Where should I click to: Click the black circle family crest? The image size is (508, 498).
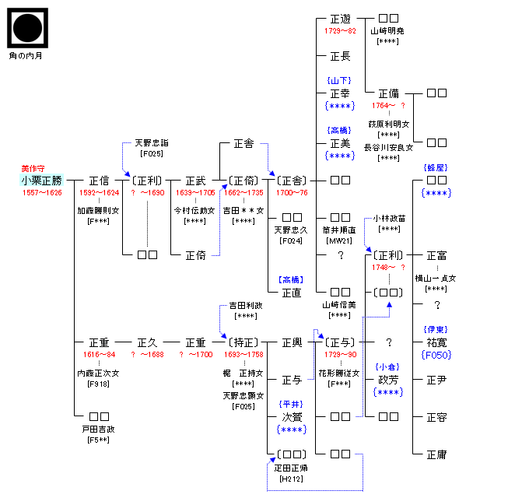(x=28, y=29)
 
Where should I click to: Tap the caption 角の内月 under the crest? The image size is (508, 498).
(x=27, y=56)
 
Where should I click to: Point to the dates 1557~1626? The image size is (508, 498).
(x=42, y=192)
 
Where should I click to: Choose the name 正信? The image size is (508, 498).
(x=99, y=180)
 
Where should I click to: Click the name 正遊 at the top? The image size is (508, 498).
(x=340, y=19)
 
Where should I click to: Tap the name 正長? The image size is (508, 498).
(x=340, y=55)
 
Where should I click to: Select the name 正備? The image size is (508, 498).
(x=388, y=93)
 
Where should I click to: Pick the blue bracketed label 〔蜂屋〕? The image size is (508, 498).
(x=436, y=168)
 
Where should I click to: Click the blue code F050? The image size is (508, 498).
(x=436, y=355)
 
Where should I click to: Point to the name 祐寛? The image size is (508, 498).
(x=436, y=342)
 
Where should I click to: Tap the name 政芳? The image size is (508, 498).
(x=388, y=380)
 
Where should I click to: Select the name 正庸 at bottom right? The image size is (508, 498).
(x=436, y=454)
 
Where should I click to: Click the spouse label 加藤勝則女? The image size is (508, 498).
(x=98, y=210)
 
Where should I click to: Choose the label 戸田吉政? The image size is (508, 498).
(x=99, y=429)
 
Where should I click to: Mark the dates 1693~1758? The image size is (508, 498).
(x=243, y=354)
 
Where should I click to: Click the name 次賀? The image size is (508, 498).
(x=292, y=417)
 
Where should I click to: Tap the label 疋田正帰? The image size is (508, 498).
(x=292, y=468)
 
